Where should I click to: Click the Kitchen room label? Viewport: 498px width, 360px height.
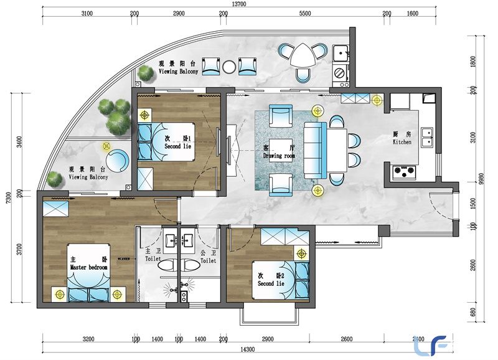pyautogui.click(x=402, y=142)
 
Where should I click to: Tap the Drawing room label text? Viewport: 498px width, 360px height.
pyautogui.click(x=279, y=156)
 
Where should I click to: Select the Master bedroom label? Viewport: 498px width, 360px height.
pyautogui.click(x=88, y=267)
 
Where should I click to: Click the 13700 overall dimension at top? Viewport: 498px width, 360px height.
pyautogui.click(x=239, y=4)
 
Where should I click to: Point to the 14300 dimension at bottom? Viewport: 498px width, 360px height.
pyautogui.click(x=247, y=349)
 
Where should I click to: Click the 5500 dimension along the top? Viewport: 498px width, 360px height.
pyautogui.click(x=305, y=13)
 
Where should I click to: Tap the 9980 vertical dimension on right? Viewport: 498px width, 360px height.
pyautogui.click(x=482, y=179)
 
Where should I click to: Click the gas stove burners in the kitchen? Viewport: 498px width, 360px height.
pyautogui.click(x=405, y=171)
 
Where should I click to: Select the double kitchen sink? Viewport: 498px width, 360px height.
pyautogui.click(x=427, y=137)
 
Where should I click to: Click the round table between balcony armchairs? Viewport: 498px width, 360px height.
pyautogui.click(x=229, y=67)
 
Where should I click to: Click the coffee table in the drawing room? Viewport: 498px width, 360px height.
pyautogui.click(x=281, y=150)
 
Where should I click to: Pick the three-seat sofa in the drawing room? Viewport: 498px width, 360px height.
pyautogui.click(x=315, y=150)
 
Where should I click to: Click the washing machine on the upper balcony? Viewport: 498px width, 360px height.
pyautogui.click(x=340, y=73)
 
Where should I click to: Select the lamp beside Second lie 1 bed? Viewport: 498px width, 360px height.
pyautogui.click(x=144, y=115)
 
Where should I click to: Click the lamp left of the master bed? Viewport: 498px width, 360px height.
pyautogui.click(x=59, y=295)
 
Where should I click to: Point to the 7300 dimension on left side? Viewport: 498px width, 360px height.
pyautogui.click(x=9, y=197)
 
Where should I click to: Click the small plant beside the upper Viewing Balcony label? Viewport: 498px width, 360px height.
pyautogui.click(x=145, y=73)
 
